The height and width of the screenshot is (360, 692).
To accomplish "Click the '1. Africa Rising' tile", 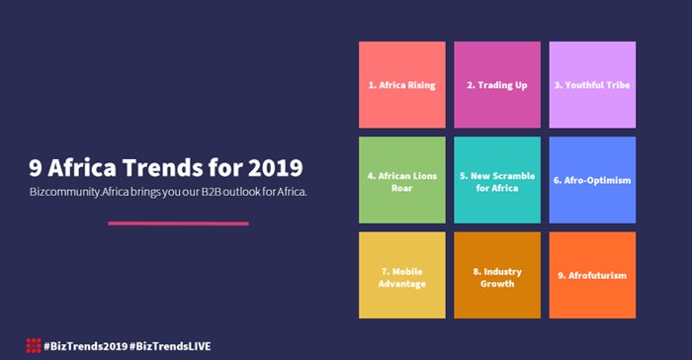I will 401,85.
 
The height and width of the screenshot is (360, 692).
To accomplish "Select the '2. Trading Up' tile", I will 497,85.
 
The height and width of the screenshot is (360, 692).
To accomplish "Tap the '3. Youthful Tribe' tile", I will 592,85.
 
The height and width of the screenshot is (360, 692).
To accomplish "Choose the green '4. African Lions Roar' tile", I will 401,180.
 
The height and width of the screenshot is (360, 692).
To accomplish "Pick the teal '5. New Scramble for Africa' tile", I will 497,180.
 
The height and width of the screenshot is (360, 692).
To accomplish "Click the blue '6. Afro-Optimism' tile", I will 592,180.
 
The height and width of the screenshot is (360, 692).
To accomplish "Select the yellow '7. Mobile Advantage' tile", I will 401,275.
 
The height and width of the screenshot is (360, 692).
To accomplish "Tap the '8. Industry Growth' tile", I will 497,275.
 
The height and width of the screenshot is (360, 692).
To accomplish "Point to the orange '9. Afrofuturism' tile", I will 592,275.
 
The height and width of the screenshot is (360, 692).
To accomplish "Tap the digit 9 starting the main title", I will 37,163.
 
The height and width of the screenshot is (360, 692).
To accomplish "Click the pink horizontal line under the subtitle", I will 178,224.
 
